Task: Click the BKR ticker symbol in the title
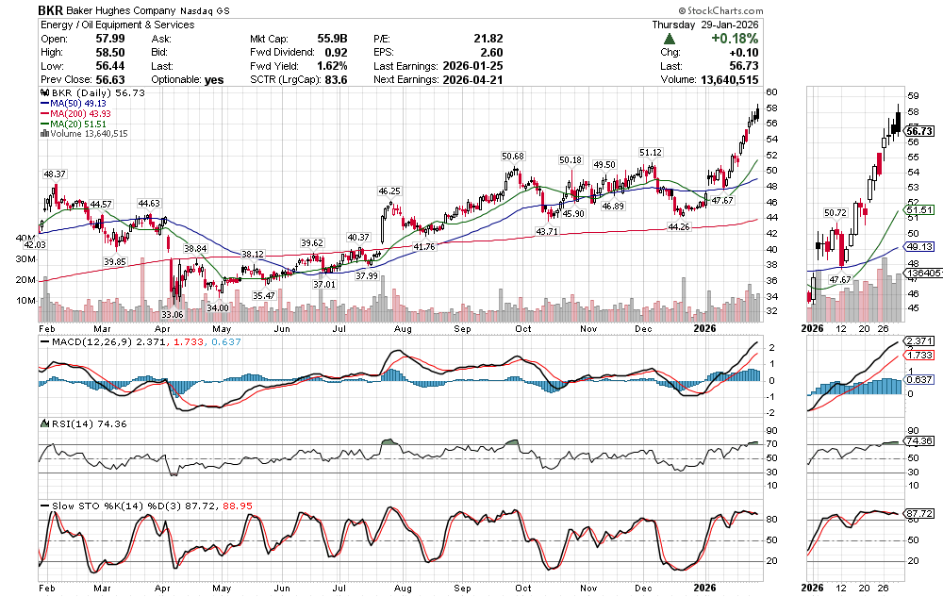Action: click(52, 9)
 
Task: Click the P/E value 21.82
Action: click(488, 39)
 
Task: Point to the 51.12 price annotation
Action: click(650, 152)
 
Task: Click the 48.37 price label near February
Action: click(54, 174)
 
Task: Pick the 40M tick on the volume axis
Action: click(25, 239)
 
